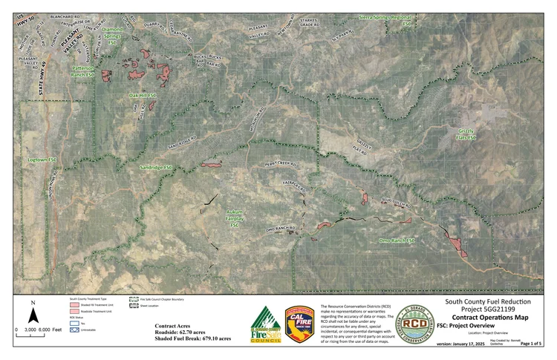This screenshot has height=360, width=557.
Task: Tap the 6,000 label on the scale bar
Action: [x=45, y=328]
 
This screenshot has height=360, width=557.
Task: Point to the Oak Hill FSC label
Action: [x=143, y=96]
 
